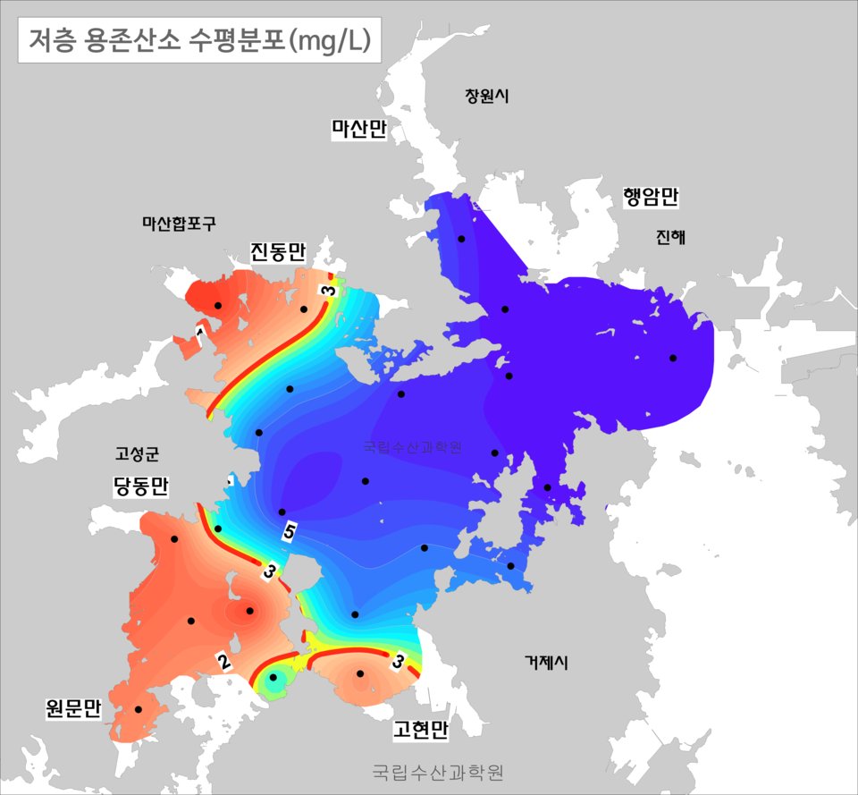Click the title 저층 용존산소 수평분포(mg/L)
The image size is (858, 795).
pyautogui.click(x=199, y=40)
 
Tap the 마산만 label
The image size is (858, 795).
pyautogui.click(x=358, y=130)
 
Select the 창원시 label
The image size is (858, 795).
pyautogui.click(x=486, y=97)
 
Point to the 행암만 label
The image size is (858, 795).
pyautogui.click(x=652, y=198)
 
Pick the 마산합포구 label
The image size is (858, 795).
pyautogui.click(x=179, y=224)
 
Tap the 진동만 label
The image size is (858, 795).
pyautogui.click(x=278, y=252)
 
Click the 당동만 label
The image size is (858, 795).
pyautogui.click(x=141, y=486)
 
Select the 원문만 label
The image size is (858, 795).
pyautogui.click(x=73, y=709)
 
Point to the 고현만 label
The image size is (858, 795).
pyautogui.click(x=420, y=730)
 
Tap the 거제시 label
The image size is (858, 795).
pyautogui.click(x=546, y=663)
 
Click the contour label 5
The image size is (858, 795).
pyautogui.click(x=289, y=532)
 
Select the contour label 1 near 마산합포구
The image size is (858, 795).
pyautogui.click(x=199, y=332)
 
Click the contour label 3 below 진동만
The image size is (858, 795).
pyautogui.click(x=329, y=292)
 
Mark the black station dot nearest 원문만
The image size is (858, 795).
pyautogui.click(x=139, y=709)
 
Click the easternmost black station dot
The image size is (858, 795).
pyautogui.click(x=673, y=359)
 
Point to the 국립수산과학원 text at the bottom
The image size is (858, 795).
pyautogui.click(x=438, y=771)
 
